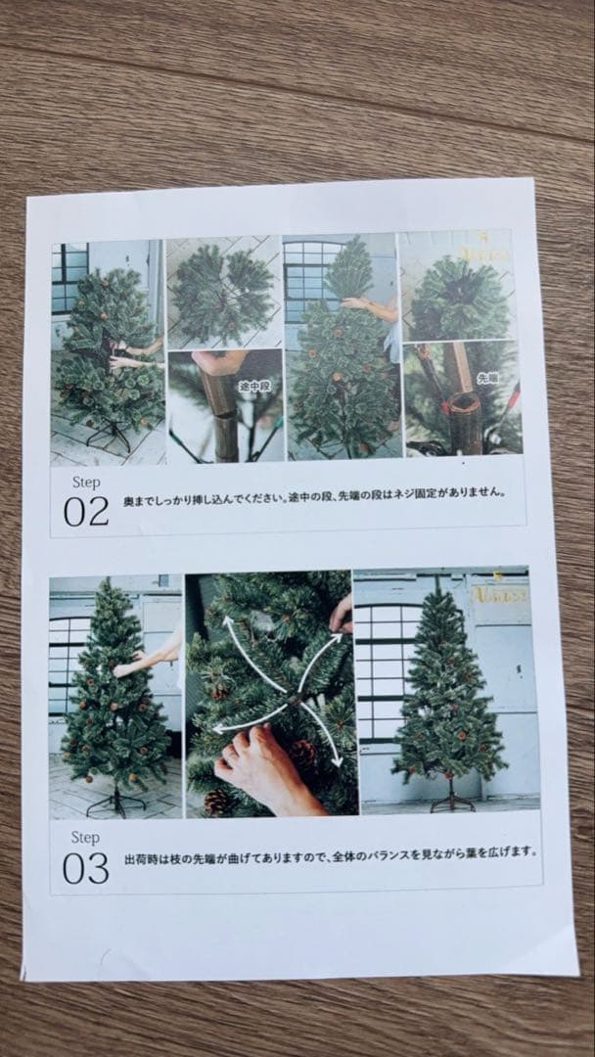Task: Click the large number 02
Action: [x=86, y=511]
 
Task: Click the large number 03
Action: [x=86, y=867]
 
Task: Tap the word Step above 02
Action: [x=86, y=483]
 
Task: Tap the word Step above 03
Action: [x=85, y=838]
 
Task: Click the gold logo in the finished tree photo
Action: [x=501, y=592]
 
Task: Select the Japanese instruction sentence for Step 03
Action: [x=331, y=851]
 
